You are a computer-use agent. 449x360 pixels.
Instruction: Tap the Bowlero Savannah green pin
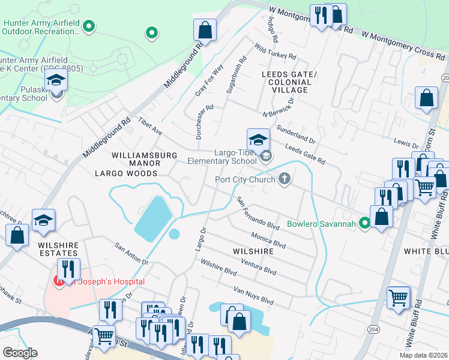(x=364, y=224)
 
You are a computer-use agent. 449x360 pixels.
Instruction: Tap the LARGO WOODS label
(x=125, y=173)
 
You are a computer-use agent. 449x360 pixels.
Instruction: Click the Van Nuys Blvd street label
(x=253, y=296)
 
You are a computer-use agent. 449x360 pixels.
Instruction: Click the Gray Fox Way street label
(x=209, y=80)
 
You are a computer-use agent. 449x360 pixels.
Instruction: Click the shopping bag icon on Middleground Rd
(x=205, y=31)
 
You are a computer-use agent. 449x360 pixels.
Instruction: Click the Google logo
(x=20, y=352)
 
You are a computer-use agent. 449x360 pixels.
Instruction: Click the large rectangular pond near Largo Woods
(x=152, y=218)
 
